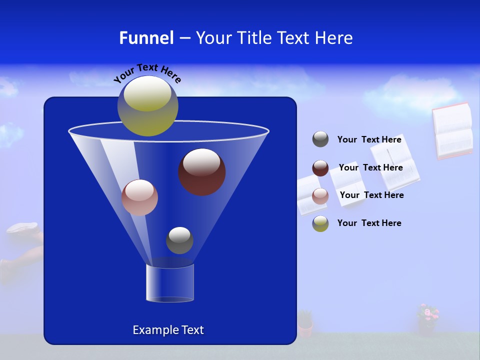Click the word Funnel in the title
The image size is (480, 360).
pos(146,38)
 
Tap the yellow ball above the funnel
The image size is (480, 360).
pos(148,105)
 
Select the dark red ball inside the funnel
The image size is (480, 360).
pos(201,171)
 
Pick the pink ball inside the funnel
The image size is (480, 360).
pos(139,197)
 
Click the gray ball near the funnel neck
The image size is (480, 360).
pos(179,240)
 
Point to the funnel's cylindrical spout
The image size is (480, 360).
pos(170,282)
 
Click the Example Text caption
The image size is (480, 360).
pos(168,330)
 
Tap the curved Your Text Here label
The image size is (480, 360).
pos(147,73)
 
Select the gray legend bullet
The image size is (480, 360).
pos(320,139)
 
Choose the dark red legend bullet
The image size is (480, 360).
pos(320,168)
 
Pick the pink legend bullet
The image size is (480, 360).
pos(320,196)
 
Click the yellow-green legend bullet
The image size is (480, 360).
pos(320,223)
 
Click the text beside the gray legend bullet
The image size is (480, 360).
pos(369,140)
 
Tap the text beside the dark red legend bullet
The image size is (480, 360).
pos(370,168)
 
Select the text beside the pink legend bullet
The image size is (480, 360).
pos(371,195)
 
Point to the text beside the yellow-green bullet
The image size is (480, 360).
pos(369,223)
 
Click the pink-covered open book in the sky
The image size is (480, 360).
pos(452,131)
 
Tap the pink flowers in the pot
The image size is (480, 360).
pos(427,313)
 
